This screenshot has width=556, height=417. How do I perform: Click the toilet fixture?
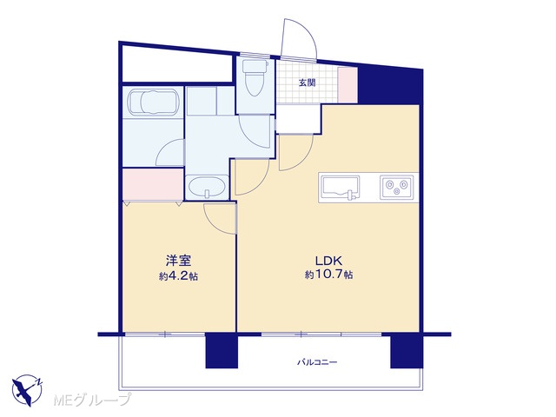[255, 77]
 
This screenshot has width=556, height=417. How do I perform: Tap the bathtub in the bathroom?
[153, 102]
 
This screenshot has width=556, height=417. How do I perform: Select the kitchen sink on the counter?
[341, 187]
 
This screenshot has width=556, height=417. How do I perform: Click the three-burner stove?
[397, 187]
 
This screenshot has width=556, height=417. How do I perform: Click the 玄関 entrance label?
[307, 83]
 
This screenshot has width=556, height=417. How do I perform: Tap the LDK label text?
[328, 261]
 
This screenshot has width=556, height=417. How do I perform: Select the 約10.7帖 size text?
[328, 275]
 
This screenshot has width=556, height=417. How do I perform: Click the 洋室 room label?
[179, 261]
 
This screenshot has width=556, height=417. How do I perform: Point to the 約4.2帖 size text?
[178, 276]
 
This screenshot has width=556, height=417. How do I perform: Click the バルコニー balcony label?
[317, 362]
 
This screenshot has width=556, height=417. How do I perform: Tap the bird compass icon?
[27, 390]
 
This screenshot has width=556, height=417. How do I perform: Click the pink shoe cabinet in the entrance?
[347, 85]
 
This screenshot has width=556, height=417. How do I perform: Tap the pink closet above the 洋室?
[153, 184]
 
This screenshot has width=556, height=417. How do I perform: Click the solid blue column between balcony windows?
[222, 350]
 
